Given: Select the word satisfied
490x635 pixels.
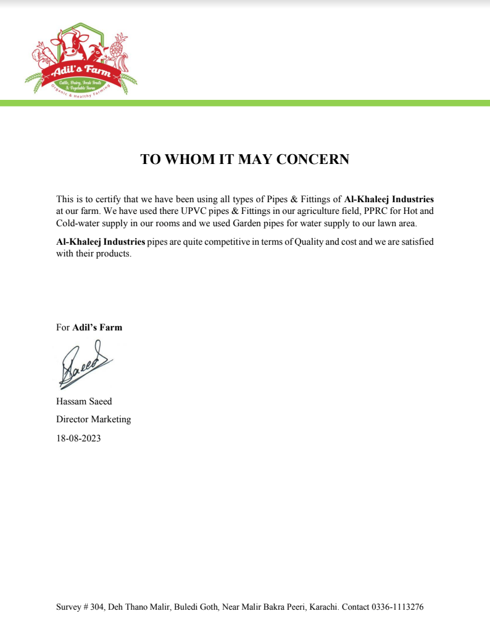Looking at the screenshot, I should [417, 242].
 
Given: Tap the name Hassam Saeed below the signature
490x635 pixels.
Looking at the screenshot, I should [84, 401].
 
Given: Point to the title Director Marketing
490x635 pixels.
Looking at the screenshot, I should [93, 419].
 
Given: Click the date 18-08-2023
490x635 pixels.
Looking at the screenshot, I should [78, 438].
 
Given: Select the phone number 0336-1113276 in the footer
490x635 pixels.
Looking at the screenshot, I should [397, 607].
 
